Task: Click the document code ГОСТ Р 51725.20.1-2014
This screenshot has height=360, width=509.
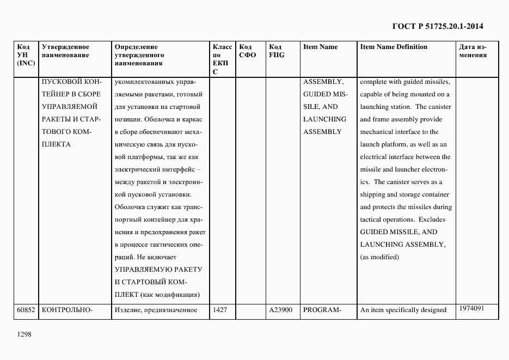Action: (x=438, y=26)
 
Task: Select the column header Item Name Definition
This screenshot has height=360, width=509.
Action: (x=394, y=47)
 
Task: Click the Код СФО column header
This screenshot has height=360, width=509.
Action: (x=247, y=51)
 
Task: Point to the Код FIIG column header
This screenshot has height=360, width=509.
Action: (x=277, y=51)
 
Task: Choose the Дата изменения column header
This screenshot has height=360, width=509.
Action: (x=472, y=51)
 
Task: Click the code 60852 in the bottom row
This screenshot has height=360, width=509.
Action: (x=26, y=310)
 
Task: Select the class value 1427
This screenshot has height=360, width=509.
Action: (x=220, y=310)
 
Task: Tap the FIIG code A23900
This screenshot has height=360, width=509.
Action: (x=281, y=310)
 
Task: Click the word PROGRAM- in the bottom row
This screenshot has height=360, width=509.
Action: (x=322, y=310)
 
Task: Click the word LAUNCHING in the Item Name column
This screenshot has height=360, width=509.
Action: (x=324, y=119)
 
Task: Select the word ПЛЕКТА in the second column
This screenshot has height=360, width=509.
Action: (x=56, y=144)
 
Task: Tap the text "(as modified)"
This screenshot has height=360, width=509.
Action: (x=379, y=257)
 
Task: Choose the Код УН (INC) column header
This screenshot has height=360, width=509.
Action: (x=26, y=55)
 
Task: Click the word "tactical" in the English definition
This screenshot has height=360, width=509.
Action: (x=372, y=219)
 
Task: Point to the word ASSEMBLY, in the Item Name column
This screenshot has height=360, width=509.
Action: (x=323, y=82)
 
